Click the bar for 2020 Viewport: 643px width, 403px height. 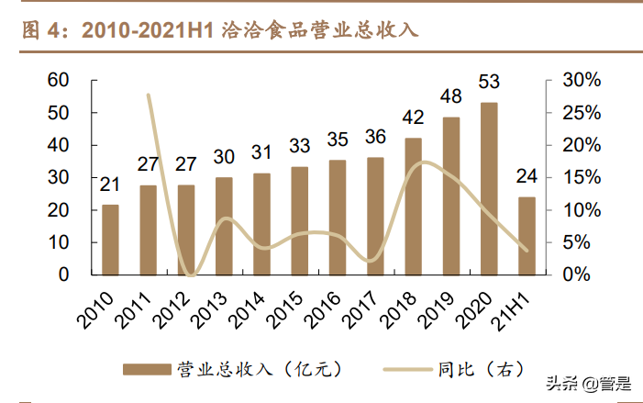[x=489, y=188]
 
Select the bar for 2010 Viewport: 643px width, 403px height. [x=110, y=239]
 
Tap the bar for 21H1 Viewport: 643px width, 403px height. [x=527, y=235]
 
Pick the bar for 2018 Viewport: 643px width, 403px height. [x=414, y=206]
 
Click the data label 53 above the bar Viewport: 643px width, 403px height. [x=489, y=85]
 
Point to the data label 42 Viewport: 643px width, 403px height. [x=414, y=118]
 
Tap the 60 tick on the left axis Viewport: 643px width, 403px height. [x=58, y=81]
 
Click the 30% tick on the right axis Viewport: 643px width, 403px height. [x=581, y=81]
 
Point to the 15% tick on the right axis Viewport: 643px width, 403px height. [x=581, y=177]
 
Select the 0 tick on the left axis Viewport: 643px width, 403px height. [x=63, y=274]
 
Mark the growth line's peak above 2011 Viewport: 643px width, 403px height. [x=149, y=94]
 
